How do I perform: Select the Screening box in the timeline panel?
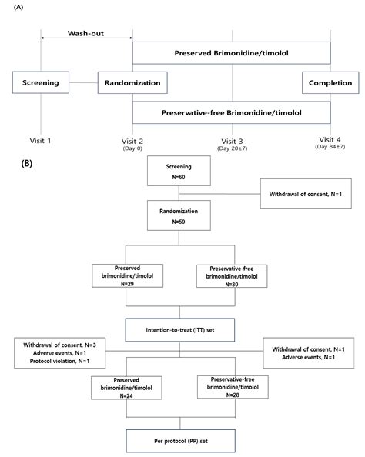click(x=40, y=83)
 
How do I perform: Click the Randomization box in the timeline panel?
click(x=133, y=83)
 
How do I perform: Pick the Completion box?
click(x=330, y=83)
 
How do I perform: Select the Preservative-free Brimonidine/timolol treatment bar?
click(x=231, y=113)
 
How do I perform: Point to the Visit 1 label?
click(x=40, y=142)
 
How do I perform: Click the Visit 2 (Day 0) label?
click(x=133, y=145)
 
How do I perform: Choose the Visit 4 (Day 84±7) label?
click(x=330, y=144)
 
